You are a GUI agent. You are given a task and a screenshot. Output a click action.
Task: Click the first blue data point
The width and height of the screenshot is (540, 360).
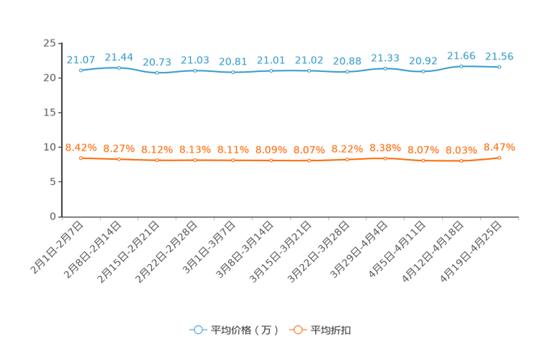tap(81, 70)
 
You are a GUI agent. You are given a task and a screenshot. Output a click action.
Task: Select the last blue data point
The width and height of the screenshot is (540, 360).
tap(499, 67)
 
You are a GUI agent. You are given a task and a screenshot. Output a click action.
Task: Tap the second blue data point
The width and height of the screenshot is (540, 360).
tap(119, 67)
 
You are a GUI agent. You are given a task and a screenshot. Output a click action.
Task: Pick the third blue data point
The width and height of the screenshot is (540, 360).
tap(157, 73)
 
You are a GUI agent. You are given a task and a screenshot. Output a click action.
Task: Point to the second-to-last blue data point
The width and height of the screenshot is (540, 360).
tap(461, 66)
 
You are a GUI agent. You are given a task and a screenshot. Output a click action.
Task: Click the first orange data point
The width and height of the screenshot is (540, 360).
tap(81, 157)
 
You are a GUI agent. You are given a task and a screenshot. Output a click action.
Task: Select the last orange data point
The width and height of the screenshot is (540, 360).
tap(499, 157)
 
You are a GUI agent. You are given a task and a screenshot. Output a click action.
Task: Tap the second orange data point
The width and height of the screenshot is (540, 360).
tap(119, 159)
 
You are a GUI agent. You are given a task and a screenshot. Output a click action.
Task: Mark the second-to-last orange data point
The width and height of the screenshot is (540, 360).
tap(461, 160)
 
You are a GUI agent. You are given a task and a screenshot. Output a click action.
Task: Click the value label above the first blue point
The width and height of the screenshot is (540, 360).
tap(81, 59)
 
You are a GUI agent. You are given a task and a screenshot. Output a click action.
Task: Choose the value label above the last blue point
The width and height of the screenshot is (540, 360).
tap(499, 56)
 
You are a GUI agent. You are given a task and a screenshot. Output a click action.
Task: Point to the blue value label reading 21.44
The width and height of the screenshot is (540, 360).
tap(119, 56)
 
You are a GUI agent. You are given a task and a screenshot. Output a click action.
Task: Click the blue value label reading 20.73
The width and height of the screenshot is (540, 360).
tap(157, 62)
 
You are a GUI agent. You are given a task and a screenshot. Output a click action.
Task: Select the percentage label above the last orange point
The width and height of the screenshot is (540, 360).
tap(499, 147)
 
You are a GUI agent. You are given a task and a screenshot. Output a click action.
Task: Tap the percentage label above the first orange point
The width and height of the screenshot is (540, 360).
tap(81, 147)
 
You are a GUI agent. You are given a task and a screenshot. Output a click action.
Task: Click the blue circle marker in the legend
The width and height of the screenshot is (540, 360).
tap(197, 330)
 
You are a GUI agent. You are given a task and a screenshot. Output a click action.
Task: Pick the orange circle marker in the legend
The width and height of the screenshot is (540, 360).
tap(297, 330)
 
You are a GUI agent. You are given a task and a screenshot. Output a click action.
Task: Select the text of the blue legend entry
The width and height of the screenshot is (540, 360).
tap(245, 330)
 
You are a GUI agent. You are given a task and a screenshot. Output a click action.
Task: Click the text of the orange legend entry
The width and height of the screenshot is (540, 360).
tap(332, 330)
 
